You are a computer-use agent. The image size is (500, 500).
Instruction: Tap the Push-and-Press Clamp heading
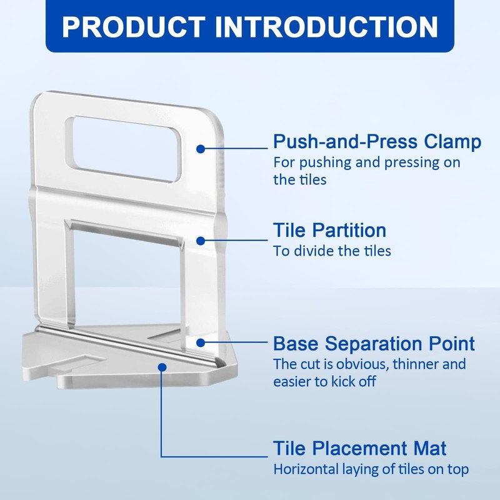[377, 142]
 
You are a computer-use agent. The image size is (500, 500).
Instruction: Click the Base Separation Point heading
[374, 343]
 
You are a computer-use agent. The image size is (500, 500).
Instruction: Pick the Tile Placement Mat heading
[360, 448]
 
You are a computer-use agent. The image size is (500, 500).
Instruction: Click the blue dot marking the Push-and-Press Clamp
[201, 149]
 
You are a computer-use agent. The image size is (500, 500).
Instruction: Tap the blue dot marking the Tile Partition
[201, 241]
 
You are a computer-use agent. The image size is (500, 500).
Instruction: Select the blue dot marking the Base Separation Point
[201, 342]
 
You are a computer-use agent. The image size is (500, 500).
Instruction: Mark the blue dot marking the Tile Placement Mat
[162, 367]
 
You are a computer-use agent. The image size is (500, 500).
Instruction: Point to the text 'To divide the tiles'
[332, 251]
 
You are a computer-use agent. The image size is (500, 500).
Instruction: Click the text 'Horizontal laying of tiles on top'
[371, 469]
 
